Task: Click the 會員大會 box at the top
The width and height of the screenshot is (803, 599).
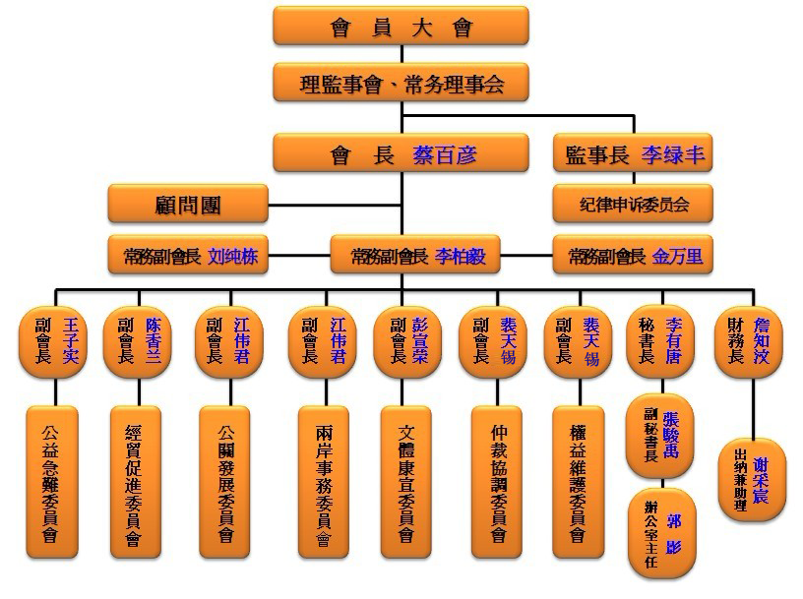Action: tap(401, 27)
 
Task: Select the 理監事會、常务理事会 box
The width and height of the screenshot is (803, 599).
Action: tap(401, 84)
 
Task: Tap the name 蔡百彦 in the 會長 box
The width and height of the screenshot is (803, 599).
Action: tap(445, 154)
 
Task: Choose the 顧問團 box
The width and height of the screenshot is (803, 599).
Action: tap(188, 205)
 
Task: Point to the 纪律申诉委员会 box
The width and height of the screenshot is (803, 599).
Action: tap(633, 205)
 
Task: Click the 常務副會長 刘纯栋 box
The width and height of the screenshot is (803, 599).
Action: tap(188, 257)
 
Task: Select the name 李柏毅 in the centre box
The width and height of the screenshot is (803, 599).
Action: tap(461, 257)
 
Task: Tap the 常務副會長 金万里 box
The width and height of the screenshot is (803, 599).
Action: tap(633, 257)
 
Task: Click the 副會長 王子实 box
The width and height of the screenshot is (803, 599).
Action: tap(54, 340)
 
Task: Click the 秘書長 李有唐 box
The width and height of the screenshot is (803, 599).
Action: tap(660, 340)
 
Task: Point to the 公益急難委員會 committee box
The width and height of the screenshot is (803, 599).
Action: tap(51, 483)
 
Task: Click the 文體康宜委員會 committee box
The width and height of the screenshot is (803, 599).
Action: tap(406, 483)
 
